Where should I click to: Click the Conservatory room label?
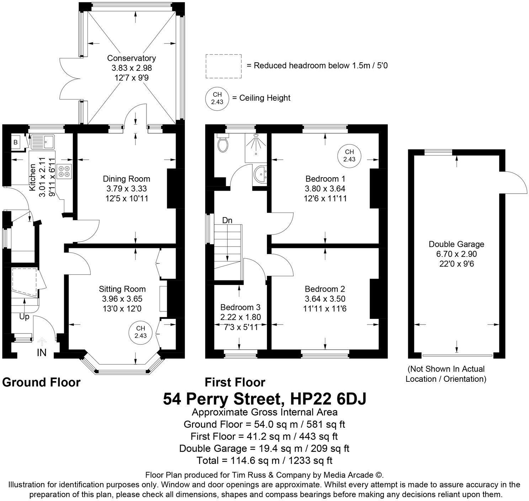pos(132,58)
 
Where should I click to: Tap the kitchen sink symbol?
pos(42,142)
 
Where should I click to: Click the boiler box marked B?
pos(16,142)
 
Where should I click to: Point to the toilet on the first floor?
pos(223,143)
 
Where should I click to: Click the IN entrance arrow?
pos(42,342)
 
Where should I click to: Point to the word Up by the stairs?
pos(24,317)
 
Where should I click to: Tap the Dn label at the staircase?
pos(227,221)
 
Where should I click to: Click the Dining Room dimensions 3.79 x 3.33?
pos(127,189)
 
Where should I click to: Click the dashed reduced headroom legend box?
pos(224,66)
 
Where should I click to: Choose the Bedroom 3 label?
pos(240,307)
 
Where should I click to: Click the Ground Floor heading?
pos(41,382)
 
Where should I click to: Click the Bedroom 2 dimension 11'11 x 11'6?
pos(325,308)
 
